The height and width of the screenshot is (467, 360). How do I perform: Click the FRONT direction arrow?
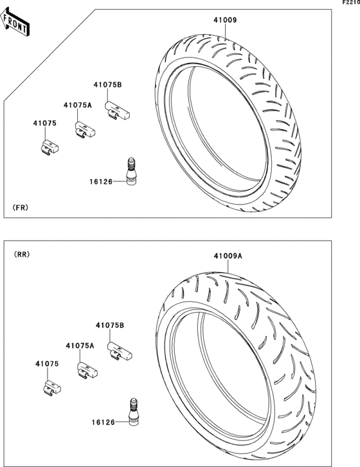pyautogui.click(x=14, y=22)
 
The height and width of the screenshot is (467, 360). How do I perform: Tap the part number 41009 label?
pyautogui.click(x=225, y=20)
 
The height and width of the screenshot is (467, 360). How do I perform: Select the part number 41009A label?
pyautogui.click(x=228, y=256)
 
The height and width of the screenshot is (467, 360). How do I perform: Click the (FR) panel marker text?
pyautogui.click(x=21, y=208)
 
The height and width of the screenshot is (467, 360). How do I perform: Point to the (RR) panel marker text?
pyautogui.click(x=22, y=254)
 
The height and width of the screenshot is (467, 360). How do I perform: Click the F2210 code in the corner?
pyautogui.click(x=351, y=3)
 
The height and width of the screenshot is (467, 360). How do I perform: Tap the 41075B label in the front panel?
pyautogui.click(x=107, y=85)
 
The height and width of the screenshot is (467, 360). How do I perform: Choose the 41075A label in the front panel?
pyautogui.click(x=77, y=105)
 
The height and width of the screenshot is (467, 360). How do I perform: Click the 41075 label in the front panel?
pyautogui.click(x=44, y=123)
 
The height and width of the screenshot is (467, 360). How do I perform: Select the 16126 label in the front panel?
pyautogui.click(x=101, y=181)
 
